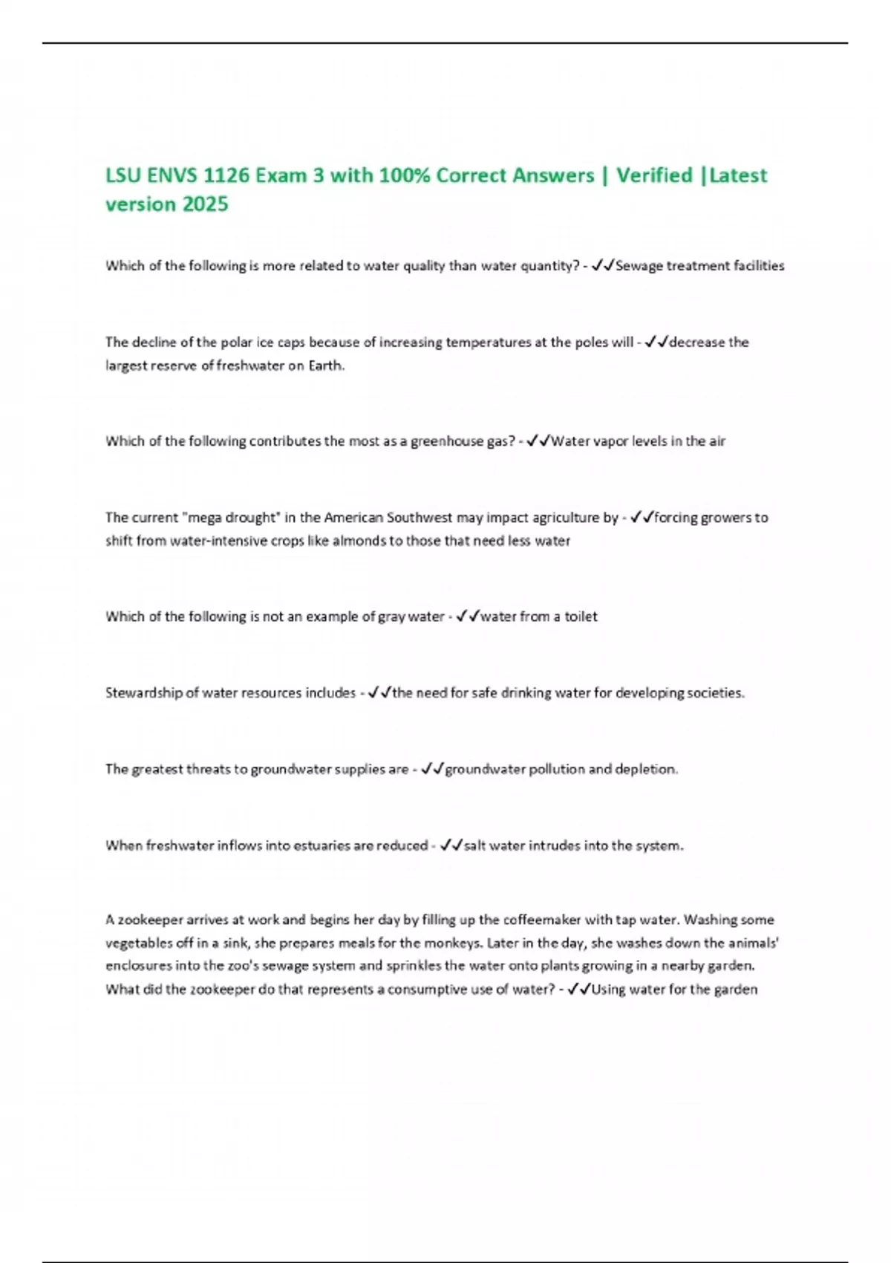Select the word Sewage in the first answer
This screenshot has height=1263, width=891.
point(639,266)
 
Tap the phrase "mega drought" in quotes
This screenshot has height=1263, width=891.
point(230,518)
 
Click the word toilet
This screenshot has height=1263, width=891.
point(581,617)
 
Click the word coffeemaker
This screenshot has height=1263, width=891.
point(542,920)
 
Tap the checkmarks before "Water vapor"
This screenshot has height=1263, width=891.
point(538,441)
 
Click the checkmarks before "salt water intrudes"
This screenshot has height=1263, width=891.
point(451,845)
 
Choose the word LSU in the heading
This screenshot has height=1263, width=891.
point(123,175)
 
